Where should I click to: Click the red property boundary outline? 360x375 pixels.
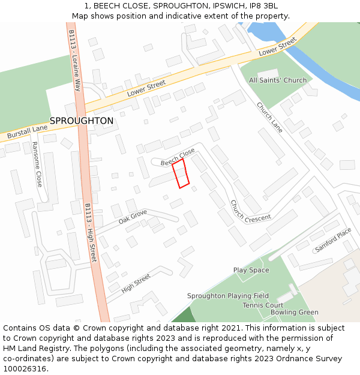click(181, 173)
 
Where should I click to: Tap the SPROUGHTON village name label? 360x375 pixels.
click(81, 121)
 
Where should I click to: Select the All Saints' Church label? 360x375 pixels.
click(277, 80)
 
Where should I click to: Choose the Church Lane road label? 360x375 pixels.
click(269, 117)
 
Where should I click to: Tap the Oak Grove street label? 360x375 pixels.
click(133, 217)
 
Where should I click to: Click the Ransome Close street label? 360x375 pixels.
click(37, 164)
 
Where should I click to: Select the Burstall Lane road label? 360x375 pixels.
click(27, 132)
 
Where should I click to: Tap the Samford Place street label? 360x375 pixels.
click(334, 239)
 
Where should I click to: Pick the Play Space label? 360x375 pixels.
click(251, 270)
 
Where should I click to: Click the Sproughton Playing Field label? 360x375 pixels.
click(227, 296)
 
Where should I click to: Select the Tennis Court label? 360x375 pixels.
click(263, 305)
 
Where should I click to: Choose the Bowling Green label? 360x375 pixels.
click(294, 312)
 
